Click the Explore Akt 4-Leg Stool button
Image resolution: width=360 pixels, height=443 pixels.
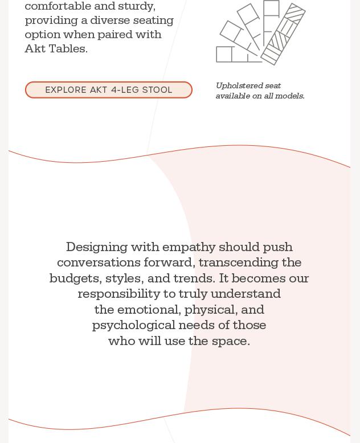point(108,90)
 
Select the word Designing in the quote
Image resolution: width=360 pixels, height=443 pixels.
point(96,247)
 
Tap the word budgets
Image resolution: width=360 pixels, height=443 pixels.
point(75,278)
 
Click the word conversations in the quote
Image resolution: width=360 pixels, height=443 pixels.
point(98,262)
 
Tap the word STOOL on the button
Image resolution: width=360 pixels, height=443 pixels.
point(157,90)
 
